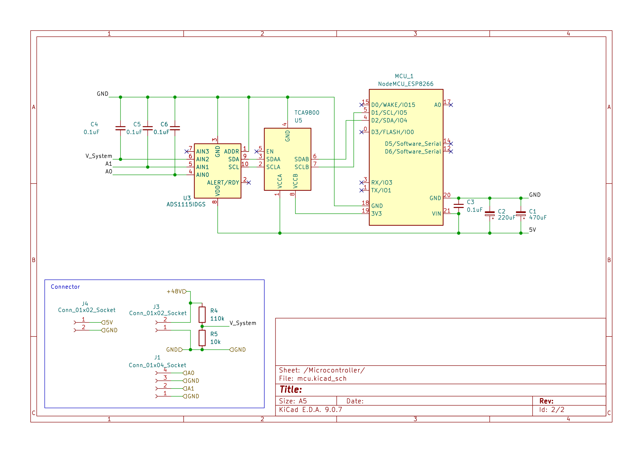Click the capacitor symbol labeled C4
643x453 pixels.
click(120, 128)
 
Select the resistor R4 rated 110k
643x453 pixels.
click(202, 315)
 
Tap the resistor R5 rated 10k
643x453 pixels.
click(202, 338)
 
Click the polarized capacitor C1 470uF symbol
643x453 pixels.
click(521, 214)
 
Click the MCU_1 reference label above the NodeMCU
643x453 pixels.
click(404, 76)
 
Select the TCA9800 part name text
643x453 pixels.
click(307, 113)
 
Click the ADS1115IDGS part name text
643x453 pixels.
click(186, 205)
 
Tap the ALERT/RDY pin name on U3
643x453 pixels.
click(223, 183)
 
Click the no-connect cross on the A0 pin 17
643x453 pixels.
click(451, 105)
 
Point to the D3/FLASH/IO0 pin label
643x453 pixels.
click(392, 132)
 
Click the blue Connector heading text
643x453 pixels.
click(65, 287)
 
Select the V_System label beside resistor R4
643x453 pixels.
click(243, 323)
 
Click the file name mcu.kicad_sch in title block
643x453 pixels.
click(321, 379)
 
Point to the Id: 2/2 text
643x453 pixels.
click(551, 410)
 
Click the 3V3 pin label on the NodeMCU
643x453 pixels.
click(376, 214)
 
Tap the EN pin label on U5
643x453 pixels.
click(270, 151)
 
